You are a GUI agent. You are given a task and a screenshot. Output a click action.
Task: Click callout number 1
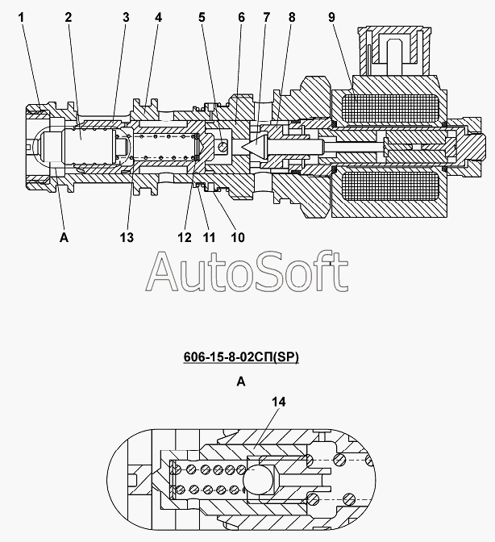coord(22,17)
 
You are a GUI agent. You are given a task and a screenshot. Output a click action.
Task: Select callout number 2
coord(68,17)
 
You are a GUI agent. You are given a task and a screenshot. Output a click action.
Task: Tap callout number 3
coord(126,17)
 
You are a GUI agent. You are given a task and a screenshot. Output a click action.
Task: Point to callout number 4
coord(158,17)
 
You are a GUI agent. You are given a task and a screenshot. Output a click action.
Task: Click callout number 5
coord(202,17)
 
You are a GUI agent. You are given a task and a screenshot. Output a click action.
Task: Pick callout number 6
coord(242,17)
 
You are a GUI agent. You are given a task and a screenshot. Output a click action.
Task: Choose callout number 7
coord(266,17)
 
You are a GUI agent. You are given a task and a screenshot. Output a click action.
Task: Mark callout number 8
coord(292,17)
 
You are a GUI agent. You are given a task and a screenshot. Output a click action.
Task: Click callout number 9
coord(331,17)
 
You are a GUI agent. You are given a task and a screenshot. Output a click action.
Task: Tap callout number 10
coord(238,237)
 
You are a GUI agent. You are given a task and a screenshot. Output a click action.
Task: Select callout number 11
coord(209,237)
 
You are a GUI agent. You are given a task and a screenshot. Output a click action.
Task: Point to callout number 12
coord(185,237)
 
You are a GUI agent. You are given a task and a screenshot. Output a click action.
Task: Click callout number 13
coord(127,237)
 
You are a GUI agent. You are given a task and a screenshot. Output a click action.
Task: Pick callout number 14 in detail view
coord(279,402)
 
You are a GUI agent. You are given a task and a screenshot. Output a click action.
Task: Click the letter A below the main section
coord(64,237)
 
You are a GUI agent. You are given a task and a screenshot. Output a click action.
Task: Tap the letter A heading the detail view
coord(241,381)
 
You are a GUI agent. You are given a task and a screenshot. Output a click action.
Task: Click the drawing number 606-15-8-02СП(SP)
coord(241,357)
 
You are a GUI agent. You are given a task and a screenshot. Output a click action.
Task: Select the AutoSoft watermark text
coord(247,271)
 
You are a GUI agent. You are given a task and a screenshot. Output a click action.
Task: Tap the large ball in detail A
coord(258,480)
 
